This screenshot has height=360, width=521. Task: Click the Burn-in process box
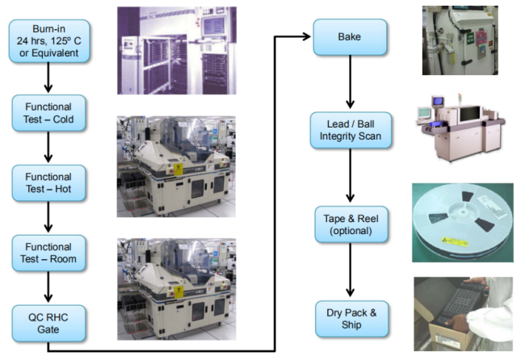point(49,41)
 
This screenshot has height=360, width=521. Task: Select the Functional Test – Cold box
point(48,113)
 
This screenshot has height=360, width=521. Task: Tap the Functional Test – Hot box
point(48,183)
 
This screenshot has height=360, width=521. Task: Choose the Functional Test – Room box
point(48,253)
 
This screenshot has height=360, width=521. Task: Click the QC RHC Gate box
point(48,323)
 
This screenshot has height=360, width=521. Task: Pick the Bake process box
point(350,37)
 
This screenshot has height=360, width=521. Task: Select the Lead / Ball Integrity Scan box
point(351,130)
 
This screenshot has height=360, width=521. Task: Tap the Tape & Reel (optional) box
point(351,224)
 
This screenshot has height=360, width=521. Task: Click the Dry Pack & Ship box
point(351,319)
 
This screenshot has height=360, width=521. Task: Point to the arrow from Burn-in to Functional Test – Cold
point(48,77)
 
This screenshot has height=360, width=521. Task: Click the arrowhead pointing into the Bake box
point(305,36)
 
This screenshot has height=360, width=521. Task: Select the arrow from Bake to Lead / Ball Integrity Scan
point(350,82)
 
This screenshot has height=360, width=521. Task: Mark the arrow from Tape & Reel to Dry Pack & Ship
point(350,270)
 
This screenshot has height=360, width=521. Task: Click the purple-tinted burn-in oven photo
point(177,51)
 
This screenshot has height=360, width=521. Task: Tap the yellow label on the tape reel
point(454,241)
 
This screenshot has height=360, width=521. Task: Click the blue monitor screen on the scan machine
point(438,101)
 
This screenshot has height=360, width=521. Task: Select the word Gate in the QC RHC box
point(48,329)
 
